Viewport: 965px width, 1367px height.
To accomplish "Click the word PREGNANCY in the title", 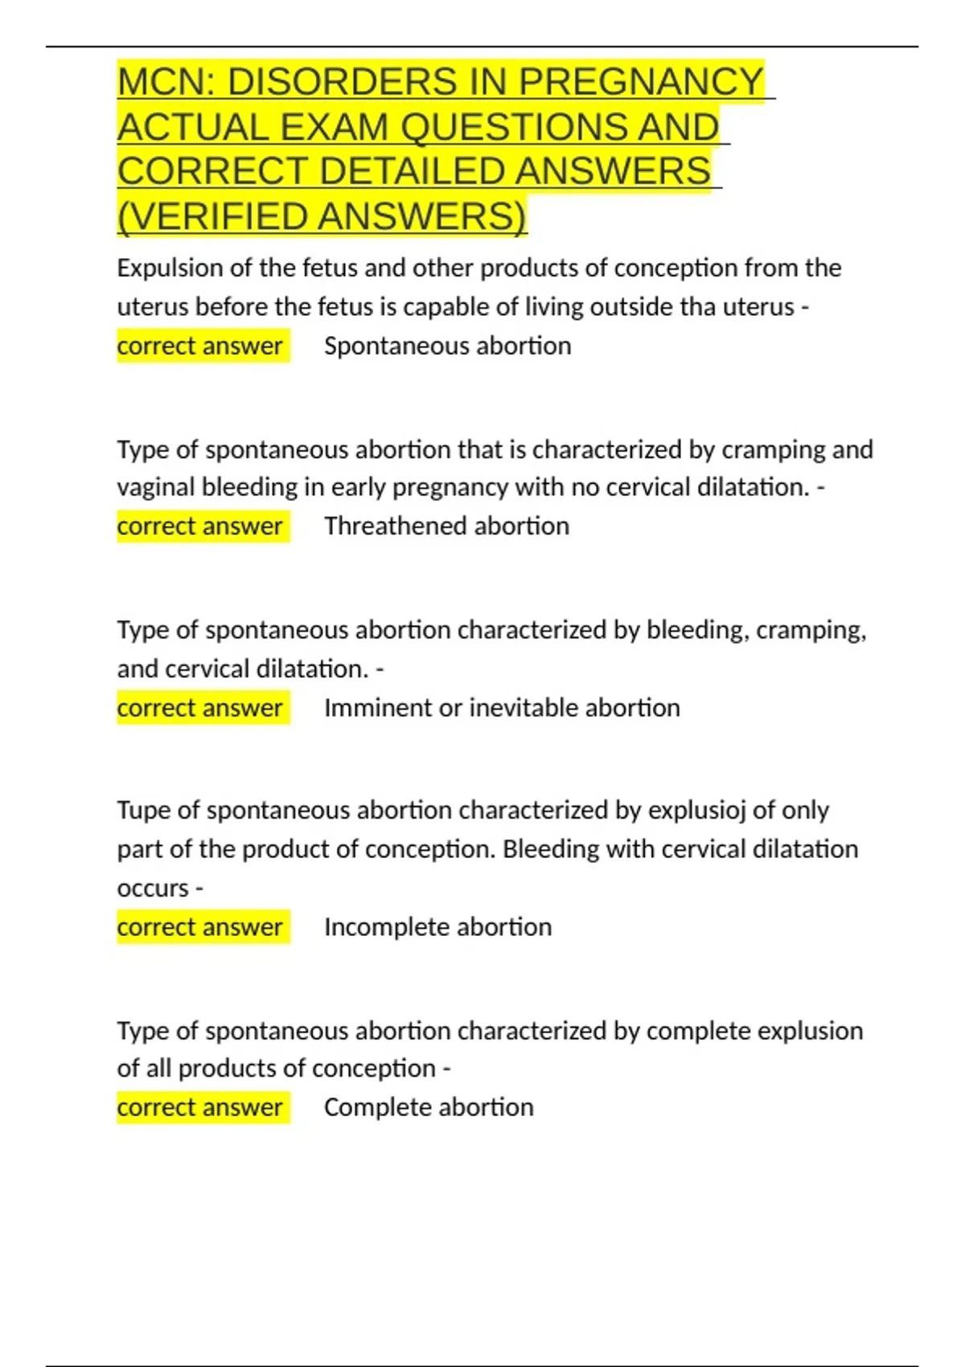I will pos(641,82).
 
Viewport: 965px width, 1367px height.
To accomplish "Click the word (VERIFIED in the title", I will pos(215,216).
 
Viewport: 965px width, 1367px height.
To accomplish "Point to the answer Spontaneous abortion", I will pos(447,346).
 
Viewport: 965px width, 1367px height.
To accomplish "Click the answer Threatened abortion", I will pos(446,526).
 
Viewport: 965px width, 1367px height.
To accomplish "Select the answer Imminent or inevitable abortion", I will pos(502,708).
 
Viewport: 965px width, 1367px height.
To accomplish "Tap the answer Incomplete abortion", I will pos(437,927).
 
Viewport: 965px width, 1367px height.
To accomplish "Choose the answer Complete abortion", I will pos(429,1107).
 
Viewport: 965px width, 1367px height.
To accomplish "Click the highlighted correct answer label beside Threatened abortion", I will pos(200,526).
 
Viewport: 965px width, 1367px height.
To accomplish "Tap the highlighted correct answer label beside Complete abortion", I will pos(200,1107).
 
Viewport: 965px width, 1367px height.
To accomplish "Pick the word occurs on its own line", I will pos(153,889).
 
